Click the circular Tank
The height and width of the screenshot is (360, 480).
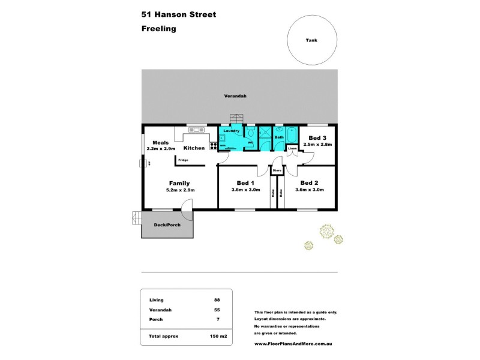311,40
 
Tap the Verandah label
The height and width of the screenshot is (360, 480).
236,96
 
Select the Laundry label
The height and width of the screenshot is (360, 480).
231,131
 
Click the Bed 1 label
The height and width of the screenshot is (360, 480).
246,183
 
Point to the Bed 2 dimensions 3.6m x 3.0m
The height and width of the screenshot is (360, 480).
310,190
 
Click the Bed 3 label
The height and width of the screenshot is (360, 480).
317,138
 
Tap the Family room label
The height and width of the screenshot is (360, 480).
179,183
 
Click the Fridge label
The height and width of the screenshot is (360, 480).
183,160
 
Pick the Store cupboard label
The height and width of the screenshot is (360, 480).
277,171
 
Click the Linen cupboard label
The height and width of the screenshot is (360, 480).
292,148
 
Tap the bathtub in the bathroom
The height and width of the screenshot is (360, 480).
292,135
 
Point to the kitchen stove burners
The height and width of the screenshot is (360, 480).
214,146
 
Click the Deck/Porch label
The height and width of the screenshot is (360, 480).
167,225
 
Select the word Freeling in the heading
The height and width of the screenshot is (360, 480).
159,28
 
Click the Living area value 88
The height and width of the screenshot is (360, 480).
216,299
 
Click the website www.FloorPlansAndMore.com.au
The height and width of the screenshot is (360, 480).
293,344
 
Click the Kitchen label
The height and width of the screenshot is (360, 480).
194,148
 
